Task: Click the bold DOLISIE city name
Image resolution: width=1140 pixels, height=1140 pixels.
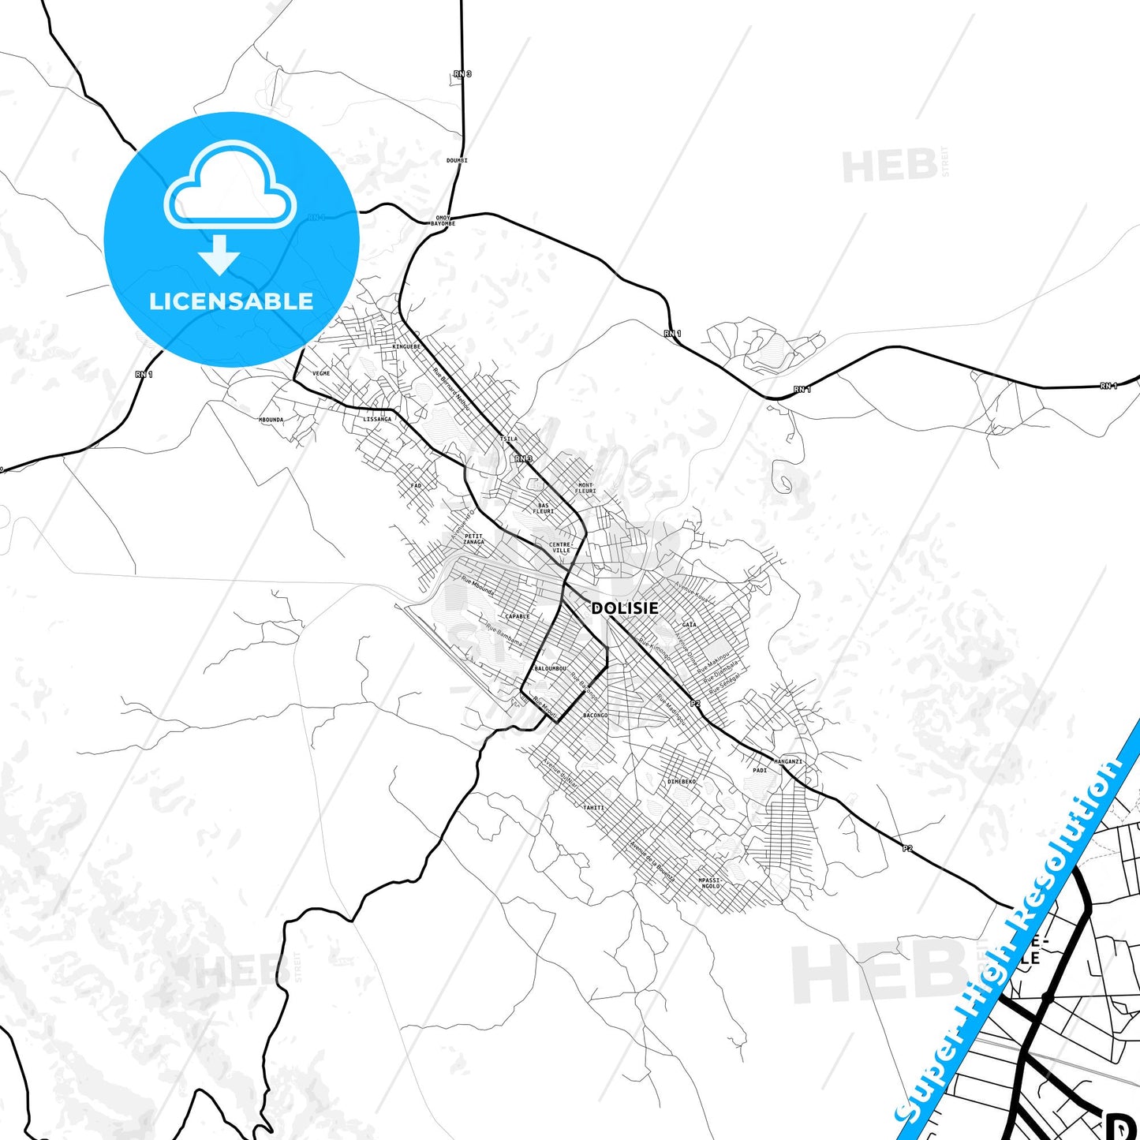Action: pos(624,608)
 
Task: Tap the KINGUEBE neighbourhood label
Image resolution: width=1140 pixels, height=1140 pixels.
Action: pos(406,346)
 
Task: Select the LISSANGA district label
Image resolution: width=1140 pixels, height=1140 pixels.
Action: pos(377,419)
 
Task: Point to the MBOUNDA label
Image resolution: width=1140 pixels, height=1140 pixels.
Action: pos(271,420)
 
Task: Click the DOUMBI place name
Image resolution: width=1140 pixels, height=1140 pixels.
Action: pos(457,160)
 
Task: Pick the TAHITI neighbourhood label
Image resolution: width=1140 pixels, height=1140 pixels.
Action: pos(593,807)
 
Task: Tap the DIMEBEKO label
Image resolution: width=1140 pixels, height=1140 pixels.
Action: pos(682,781)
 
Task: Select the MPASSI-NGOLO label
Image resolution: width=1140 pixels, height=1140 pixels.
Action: pos(710,883)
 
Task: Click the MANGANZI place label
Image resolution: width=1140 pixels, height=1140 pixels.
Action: pos(787,761)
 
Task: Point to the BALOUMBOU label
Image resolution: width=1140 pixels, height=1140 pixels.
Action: pos(550,668)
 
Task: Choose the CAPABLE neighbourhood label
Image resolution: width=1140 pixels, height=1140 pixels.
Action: pos(518,616)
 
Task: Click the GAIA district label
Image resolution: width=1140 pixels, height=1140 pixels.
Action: pos(689,624)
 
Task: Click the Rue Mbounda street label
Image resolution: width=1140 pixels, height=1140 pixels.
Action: pos(477,587)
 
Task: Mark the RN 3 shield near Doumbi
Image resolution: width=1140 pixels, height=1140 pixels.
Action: pos(462,74)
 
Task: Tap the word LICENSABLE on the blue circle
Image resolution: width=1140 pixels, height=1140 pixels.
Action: pos(231,301)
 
